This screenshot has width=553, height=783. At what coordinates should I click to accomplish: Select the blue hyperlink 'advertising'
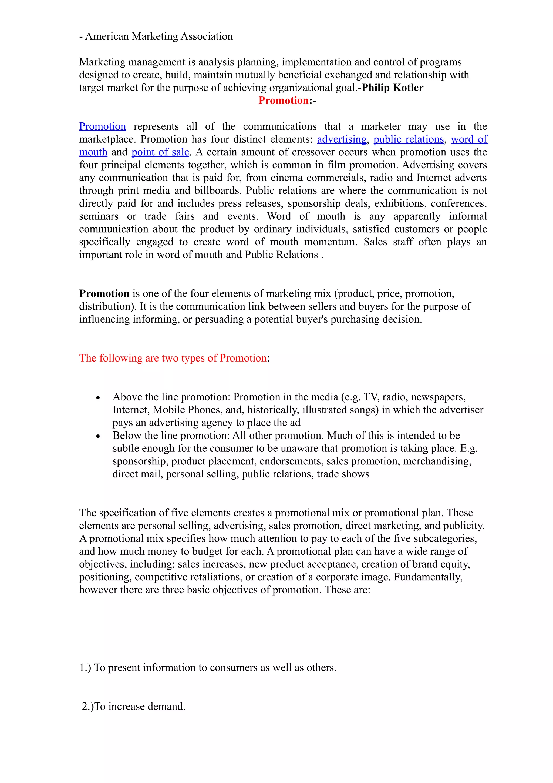pyautogui.click(x=342, y=139)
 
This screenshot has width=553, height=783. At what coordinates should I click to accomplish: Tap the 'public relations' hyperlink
pyautogui.click(x=409, y=139)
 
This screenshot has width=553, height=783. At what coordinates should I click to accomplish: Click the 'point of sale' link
pyautogui.click(x=160, y=152)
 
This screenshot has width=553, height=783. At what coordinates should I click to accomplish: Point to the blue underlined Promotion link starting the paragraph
pyautogui.click(x=103, y=126)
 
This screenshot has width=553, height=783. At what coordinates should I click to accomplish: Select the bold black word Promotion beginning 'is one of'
pyautogui.click(x=104, y=294)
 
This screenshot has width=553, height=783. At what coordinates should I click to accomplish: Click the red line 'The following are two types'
pyautogui.click(x=174, y=358)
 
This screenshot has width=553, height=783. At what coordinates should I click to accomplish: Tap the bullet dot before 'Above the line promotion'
pyautogui.click(x=98, y=398)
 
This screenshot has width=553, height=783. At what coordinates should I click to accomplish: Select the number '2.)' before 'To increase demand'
pyautogui.click(x=87, y=706)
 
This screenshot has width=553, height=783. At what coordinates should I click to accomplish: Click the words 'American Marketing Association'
pyautogui.click(x=159, y=36)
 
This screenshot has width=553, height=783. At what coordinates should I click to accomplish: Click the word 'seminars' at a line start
pyautogui.click(x=99, y=216)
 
